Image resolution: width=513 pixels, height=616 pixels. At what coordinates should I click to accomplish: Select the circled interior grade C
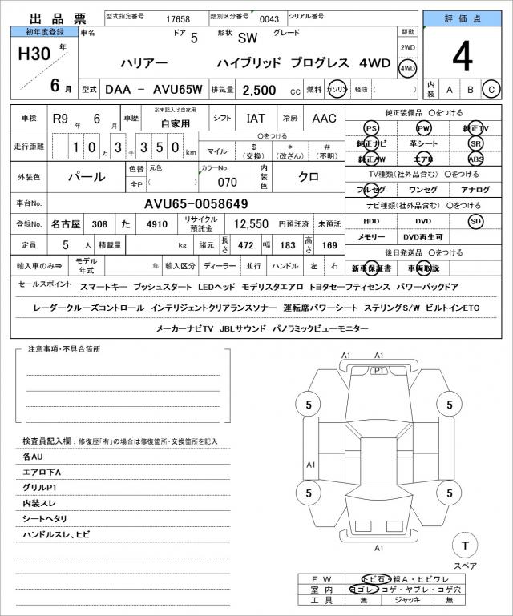click(491, 89)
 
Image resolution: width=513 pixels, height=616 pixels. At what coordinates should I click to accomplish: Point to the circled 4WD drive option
click(407, 70)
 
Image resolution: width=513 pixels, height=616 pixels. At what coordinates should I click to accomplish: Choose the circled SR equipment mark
click(476, 143)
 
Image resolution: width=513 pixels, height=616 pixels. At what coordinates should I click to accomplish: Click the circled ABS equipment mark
click(476, 159)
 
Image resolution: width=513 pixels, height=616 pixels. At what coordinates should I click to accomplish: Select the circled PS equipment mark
click(370, 128)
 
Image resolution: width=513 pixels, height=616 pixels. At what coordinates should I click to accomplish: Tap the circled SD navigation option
click(475, 221)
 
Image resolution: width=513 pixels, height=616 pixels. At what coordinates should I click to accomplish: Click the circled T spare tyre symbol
click(463, 546)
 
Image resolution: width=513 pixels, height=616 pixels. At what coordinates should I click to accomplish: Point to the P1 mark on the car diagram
click(379, 371)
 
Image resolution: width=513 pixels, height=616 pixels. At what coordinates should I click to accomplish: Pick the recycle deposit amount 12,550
click(250, 225)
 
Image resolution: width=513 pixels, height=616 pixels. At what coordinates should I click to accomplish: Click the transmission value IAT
click(256, 119)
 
